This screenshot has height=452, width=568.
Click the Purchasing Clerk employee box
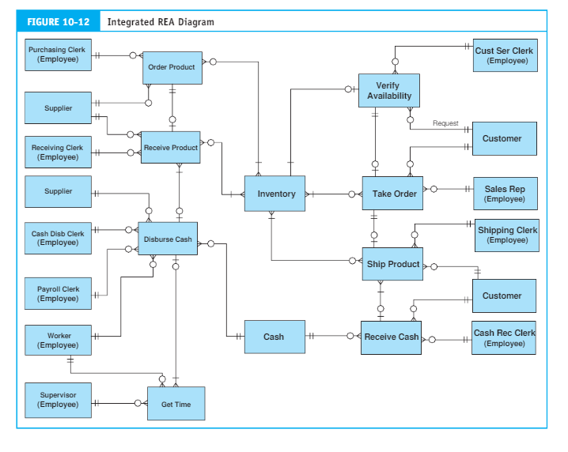coord(57,55)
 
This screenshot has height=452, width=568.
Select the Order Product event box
coord(171,68)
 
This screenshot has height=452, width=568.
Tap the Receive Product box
coord(170,148)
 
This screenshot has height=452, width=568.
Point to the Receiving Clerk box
coord(57,152)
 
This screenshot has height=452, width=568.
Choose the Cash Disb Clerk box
coord(57,238)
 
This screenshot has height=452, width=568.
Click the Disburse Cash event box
coord(168,238)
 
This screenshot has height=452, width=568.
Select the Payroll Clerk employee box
coord(57,294)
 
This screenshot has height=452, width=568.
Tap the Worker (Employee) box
coord(57,341)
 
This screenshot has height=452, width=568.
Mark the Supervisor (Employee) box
coord(57,399)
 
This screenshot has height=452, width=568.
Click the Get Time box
coord(176,404)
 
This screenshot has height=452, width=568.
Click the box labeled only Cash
coord(274,337)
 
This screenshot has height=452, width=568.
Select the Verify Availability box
coord(388,91)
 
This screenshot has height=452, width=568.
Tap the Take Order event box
coord(392,194)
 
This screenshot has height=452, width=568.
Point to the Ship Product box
coord(392,264)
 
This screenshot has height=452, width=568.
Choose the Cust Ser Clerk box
coord(505,55)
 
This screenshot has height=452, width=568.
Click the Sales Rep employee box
coord(505,194)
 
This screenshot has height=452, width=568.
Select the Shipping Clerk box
coord(507,235)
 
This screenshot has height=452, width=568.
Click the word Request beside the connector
coord(445,123)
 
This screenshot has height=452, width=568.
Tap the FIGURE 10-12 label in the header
coord(58,22)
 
